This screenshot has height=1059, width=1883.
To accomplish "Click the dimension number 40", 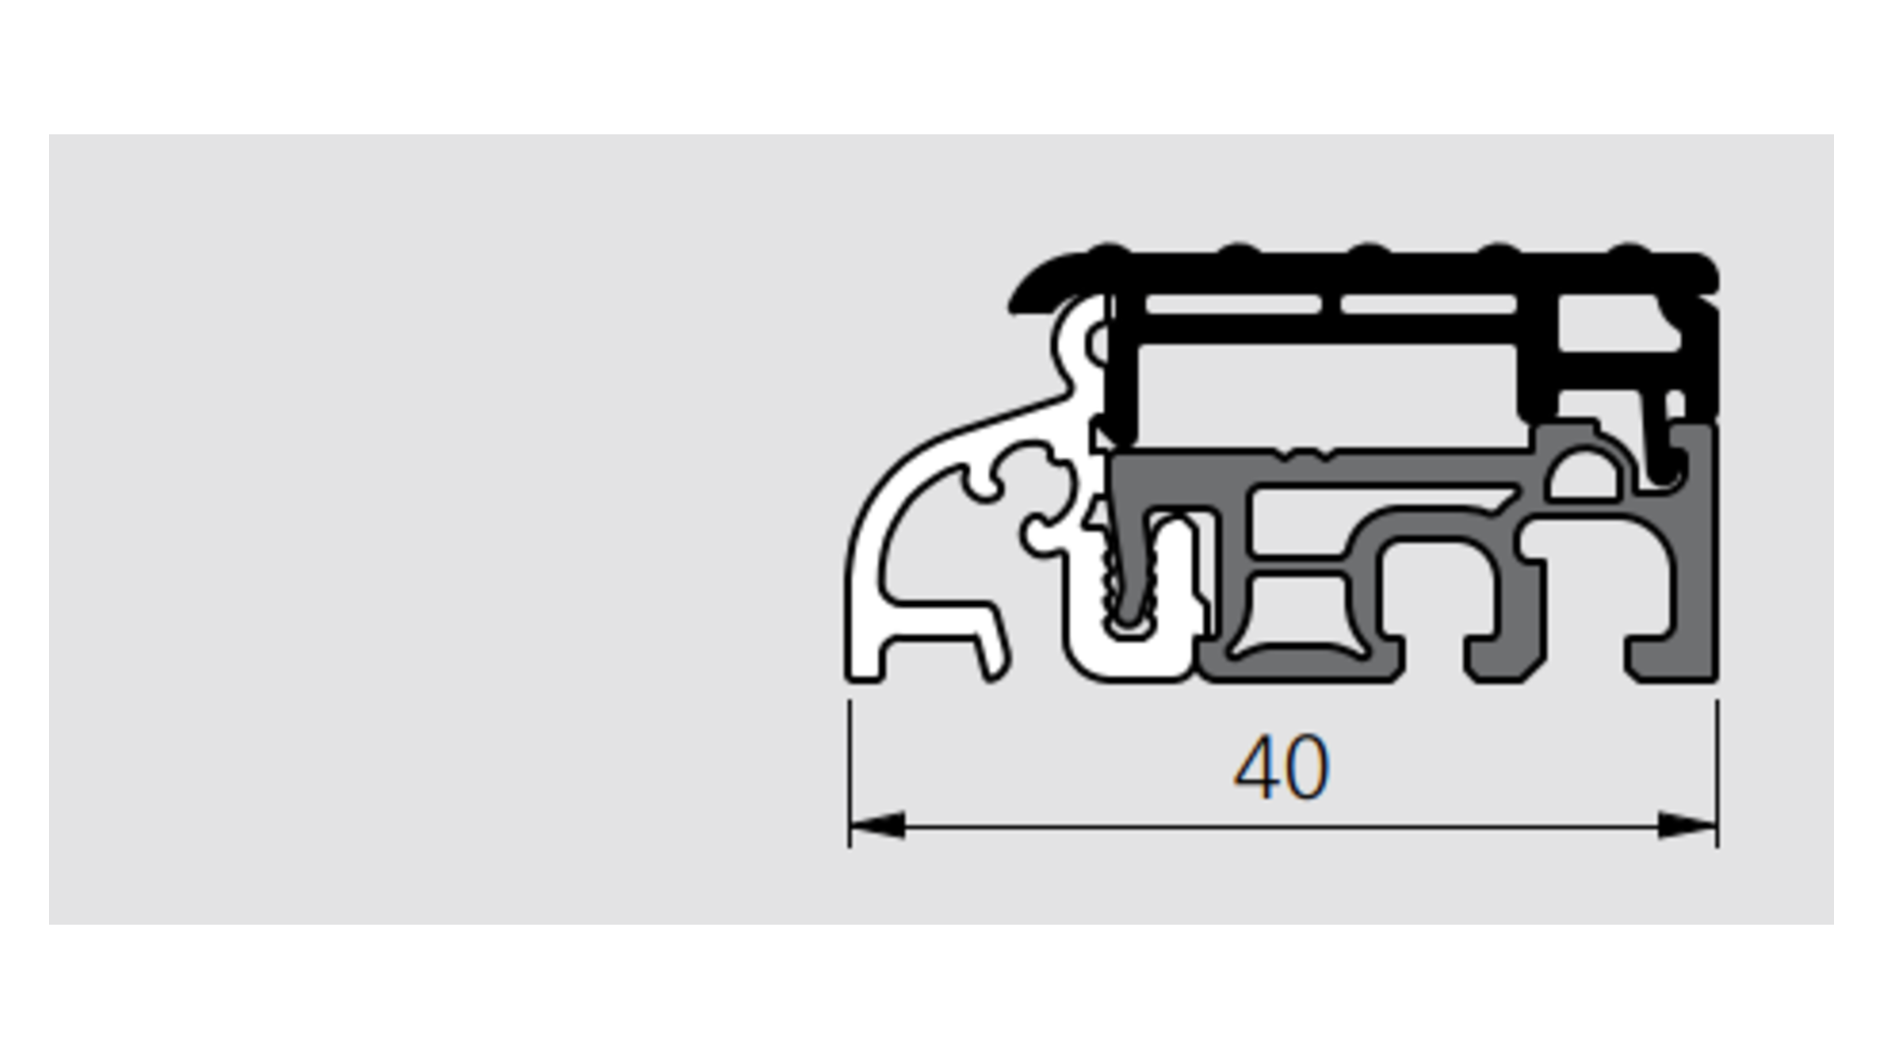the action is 1281,768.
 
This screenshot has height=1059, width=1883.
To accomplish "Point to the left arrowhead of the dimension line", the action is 877,826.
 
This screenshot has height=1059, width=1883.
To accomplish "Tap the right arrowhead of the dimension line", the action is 1688,826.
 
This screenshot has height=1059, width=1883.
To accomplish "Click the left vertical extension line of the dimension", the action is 849,774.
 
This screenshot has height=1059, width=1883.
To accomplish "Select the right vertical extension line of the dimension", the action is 1717,774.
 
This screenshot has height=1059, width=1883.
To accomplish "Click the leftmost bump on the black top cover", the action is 1108,251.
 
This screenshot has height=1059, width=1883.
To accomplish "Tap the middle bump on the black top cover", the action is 1369,251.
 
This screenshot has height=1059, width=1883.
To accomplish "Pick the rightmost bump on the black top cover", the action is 1630,251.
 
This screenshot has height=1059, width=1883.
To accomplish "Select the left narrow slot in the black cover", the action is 1232,305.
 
